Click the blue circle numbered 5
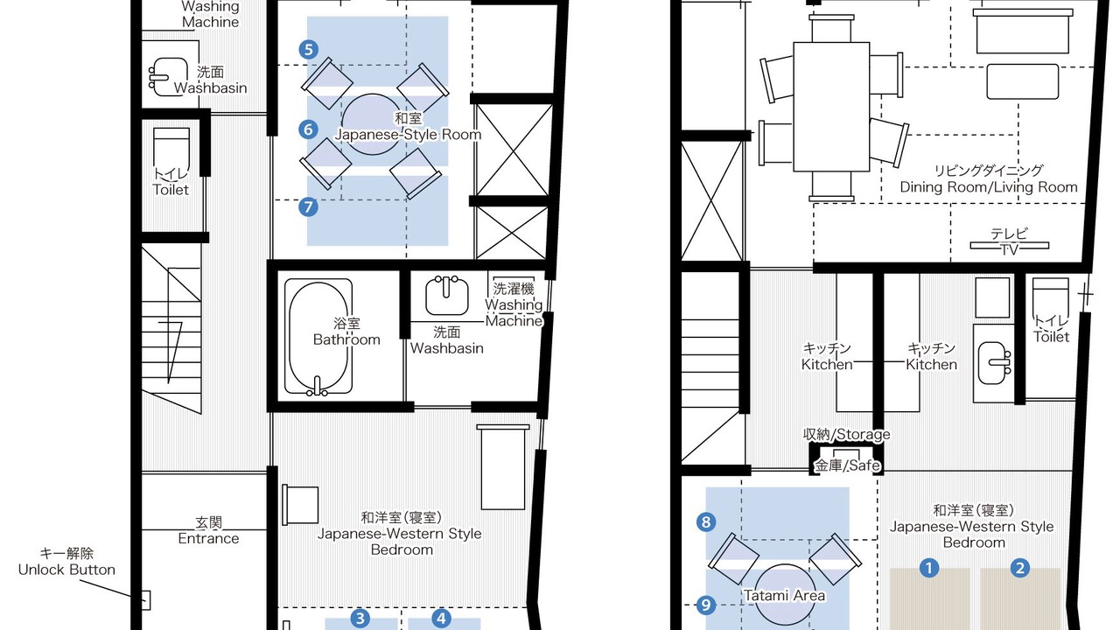(x=309, y=50)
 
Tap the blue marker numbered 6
(x=309, y=129)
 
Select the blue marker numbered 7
(x=309, y=207)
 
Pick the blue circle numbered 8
(x=706, y=522)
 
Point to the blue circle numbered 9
(x=706, y=605)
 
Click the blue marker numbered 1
(x=929, y=568)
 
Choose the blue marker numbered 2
(x=1020, y=568)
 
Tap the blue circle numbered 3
(x=360, y=619)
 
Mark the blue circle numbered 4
(x=441, y=619)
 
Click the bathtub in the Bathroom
(x=318, y=337)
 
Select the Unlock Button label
(x=66, y=562)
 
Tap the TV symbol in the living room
(x=1010, y=246)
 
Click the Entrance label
(x=208, y=530)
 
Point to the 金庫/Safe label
(x=848, y=465)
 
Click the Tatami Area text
(x=784, y=596)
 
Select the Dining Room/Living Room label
(x=989, y=178)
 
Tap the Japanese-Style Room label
(x=408, y=127)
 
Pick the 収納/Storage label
(x=846, y=434)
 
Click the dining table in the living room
(x=831, y=107)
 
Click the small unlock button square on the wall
(x=145, y=600)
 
